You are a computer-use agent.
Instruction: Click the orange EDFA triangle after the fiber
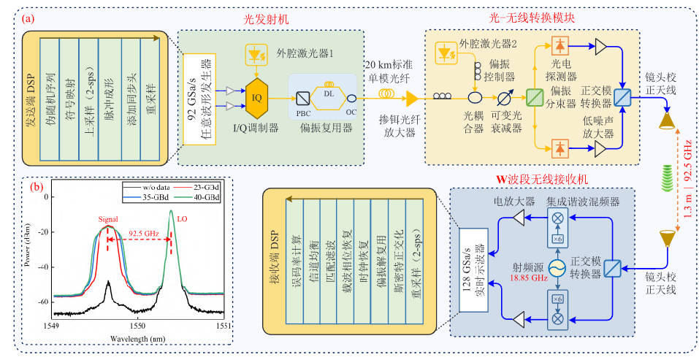tap(413, 97)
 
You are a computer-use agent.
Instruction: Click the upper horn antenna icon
tap(667, 122)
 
